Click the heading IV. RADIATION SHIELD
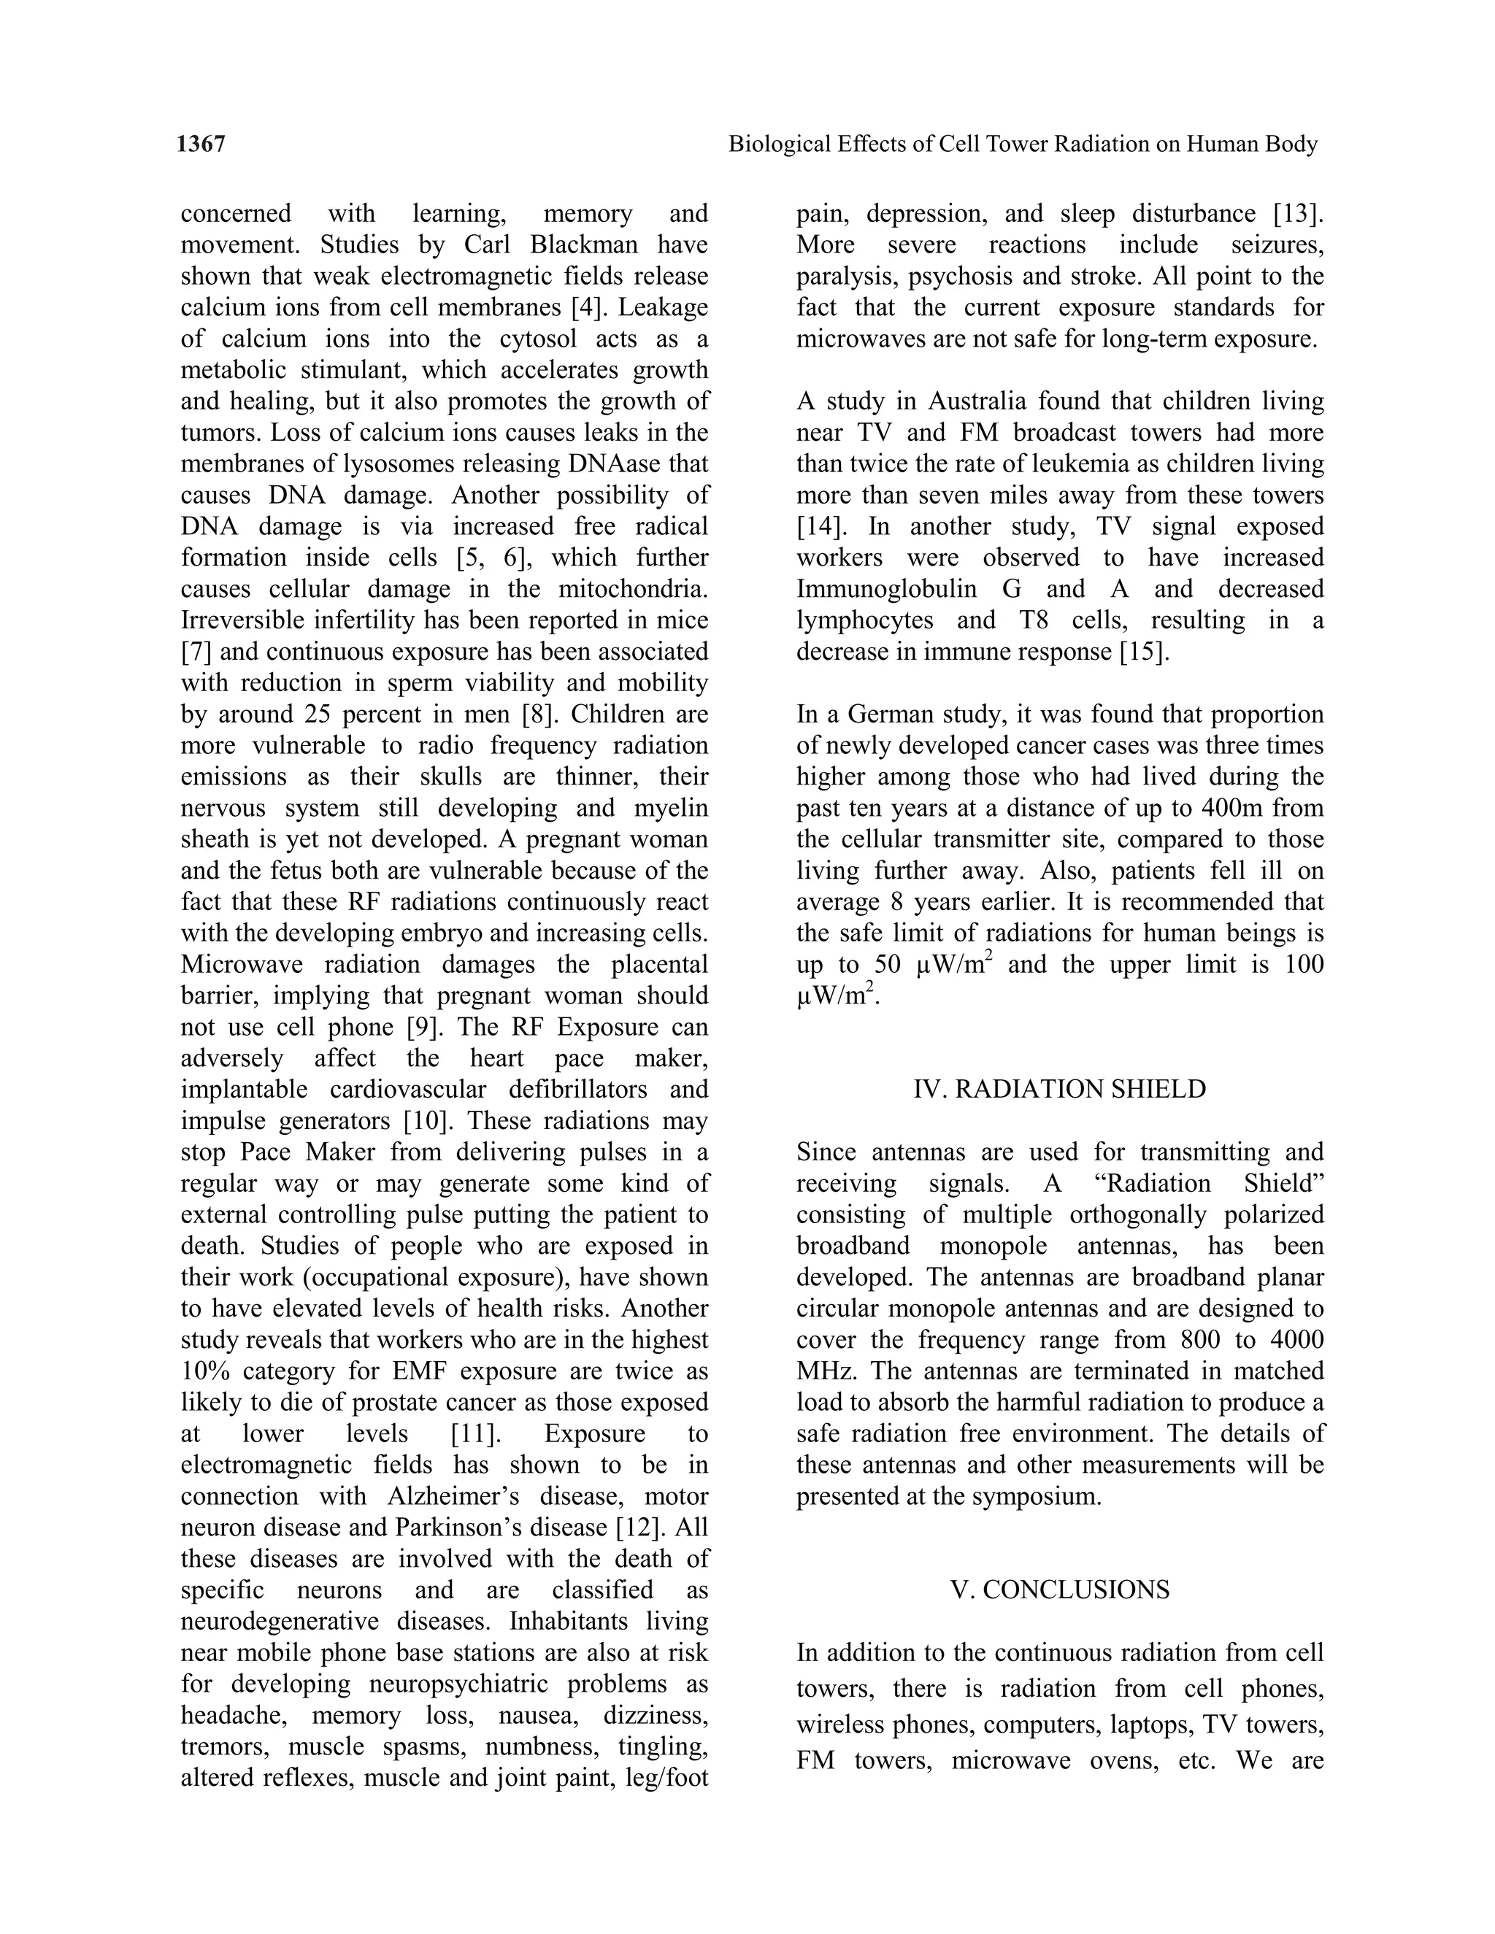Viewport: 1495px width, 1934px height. tap(1059, 1089)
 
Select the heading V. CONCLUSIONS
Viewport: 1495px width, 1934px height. tap(1059, 1590)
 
